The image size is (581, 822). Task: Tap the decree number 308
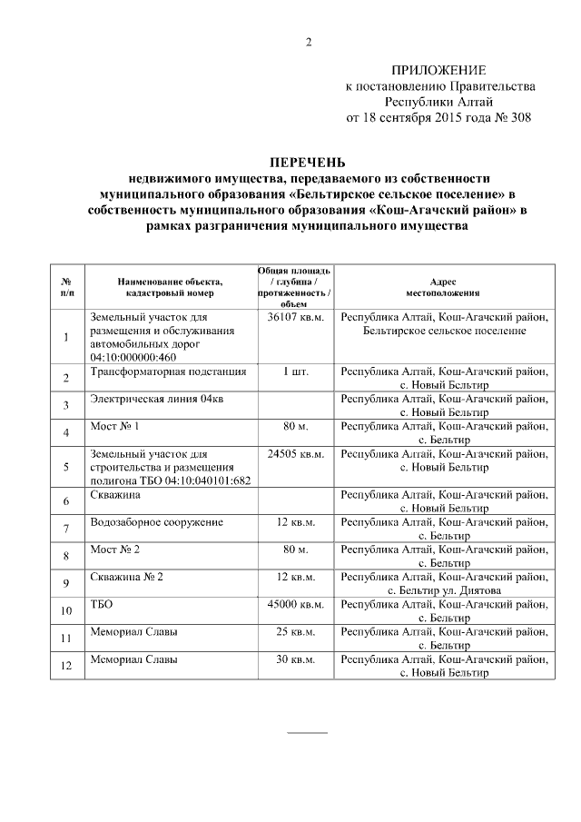[x=519, y=117]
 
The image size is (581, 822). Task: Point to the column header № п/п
[x=67, y=288]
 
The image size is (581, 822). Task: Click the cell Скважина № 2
[x=127, y=576]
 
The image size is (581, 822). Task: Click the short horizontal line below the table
[x=308, y=731]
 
